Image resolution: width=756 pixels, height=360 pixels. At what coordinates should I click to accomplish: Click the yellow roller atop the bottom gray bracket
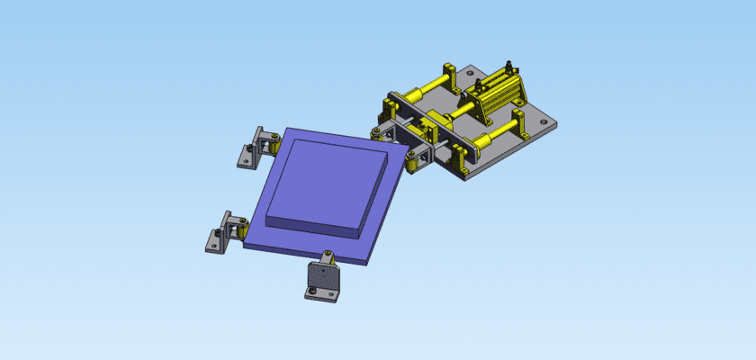tap(326, 260)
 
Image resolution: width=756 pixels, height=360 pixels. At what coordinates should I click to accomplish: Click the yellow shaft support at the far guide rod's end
tap(450, 73)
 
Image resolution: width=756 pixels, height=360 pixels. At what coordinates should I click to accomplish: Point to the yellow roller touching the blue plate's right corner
tap(413, 163)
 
